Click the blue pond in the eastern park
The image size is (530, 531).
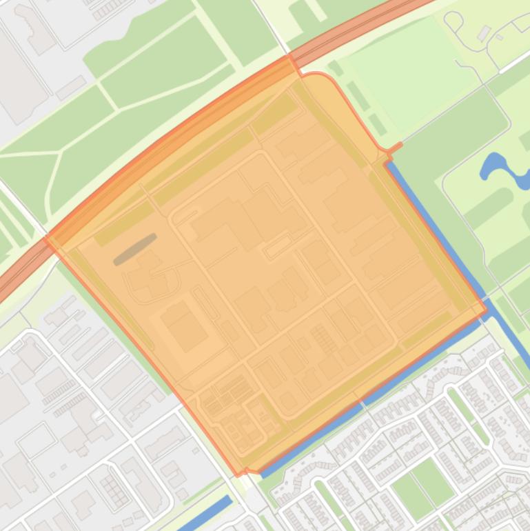tap(500, 169)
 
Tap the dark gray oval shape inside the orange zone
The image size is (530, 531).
tap(135, 249)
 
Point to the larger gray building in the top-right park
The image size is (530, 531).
tap(484, 33)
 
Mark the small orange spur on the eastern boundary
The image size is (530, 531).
tap(394, 148)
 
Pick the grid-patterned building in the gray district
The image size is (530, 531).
tap(114, 490)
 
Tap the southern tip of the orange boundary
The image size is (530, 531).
tap(239, 474)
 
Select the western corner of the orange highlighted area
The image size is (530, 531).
tap(46, 239)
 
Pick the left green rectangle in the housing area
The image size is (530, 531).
tap(410, 493)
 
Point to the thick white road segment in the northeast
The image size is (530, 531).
tap(510, 62)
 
